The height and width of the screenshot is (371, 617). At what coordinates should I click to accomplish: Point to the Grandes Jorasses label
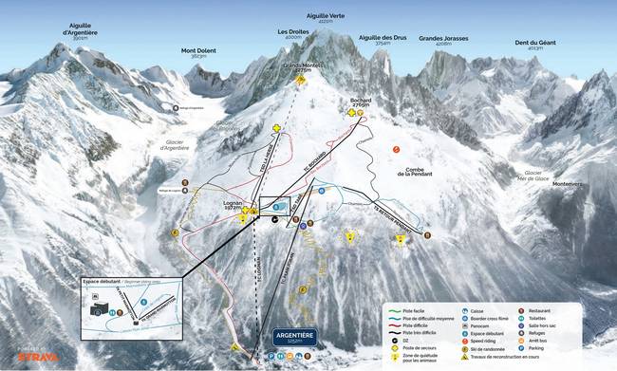pos(450,39)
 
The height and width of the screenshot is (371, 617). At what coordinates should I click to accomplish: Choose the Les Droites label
pos(292,32)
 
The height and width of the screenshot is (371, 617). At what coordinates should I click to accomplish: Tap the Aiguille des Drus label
pos(383,39)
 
